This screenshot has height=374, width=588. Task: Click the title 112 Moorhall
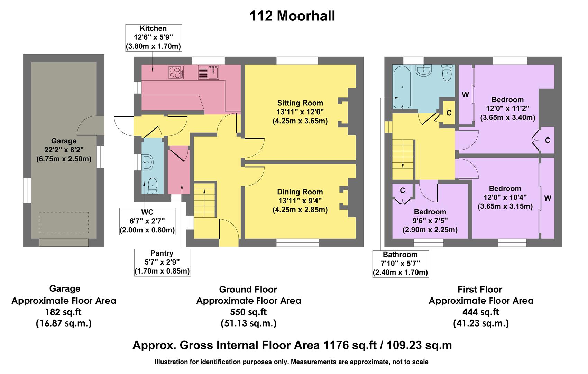(x=292, y=16)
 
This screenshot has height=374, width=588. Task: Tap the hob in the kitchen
(x=176, y=73)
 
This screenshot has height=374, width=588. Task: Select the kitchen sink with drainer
(x=208, y=72)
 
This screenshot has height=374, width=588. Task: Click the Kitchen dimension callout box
(x=153, y=38)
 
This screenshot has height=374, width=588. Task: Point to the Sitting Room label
(x=300, y=103)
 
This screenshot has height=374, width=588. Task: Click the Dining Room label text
(x=300, y=192)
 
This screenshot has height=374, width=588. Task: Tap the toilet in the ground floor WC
(x=153, y=186)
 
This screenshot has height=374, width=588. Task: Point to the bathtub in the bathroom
(x=402, y=87)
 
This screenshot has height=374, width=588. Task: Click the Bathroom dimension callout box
(x=400, y=264)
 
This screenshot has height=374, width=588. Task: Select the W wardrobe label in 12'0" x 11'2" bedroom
(x=466, y=95)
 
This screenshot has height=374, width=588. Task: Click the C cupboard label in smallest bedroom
(x=403, y=190)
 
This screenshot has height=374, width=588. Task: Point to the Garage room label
(x=64, y=141)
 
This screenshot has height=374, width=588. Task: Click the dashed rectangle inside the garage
(x=64, y=223)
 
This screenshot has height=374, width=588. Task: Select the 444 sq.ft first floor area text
(x=481, y=312)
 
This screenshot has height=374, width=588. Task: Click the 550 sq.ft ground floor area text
(x=248, y=312)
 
